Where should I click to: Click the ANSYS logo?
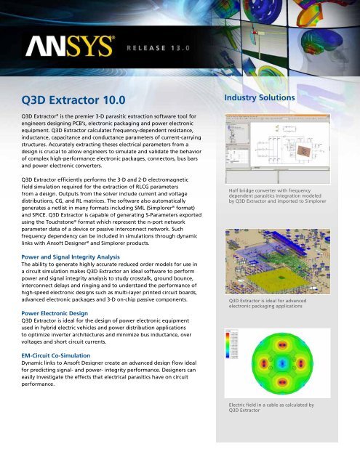70,48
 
